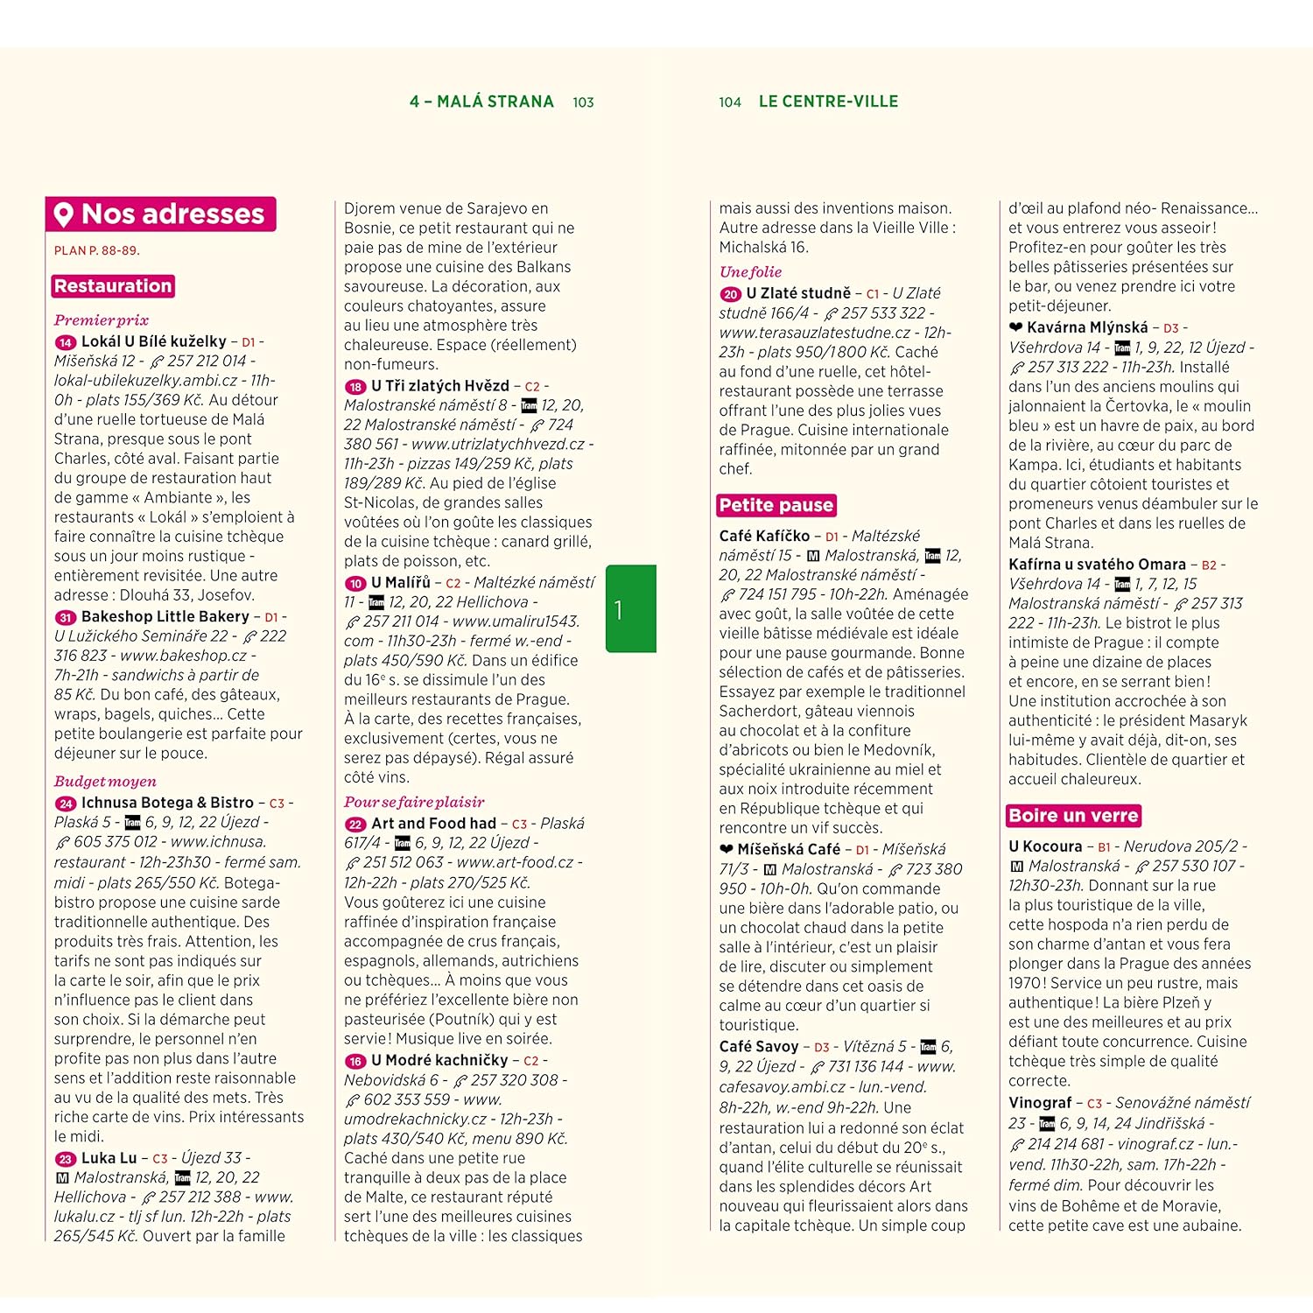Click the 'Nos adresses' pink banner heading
tap(161, 214)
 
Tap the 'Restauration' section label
tap(113, 286)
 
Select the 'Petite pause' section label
tap(776, 505)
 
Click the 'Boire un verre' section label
tap(1073, 816)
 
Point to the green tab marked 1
tap(630, 608)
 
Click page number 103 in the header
tap(583, 102)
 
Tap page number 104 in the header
tap(730, 102)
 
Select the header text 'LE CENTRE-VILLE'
tap(828, 102)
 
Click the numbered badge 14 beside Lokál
tap(65, 342)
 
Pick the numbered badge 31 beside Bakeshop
tap(65, 617)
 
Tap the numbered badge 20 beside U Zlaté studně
tap(730, 294)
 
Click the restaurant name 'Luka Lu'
tap(109, 1158)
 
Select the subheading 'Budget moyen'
tap(105, 782)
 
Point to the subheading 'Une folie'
tap(750, 272)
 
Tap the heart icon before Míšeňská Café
tap(727, 849)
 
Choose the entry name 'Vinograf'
tap(1040, 1103)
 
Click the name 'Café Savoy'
tap(759, 1047)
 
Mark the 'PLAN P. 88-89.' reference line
tap(97, 250)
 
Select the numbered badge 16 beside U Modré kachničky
tap(355, 1061)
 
